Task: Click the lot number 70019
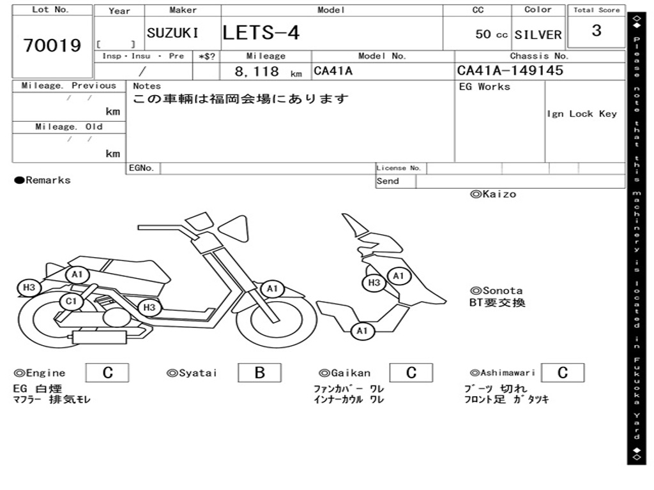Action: (52, 45)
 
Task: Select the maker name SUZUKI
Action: (172, 33)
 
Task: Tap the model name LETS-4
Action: (261, 33)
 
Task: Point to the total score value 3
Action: (597, 31)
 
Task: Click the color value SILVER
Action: (538, 35)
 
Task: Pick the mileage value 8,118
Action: (257, 71)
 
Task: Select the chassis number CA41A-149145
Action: (510, 70)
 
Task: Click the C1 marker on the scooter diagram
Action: (72, 301)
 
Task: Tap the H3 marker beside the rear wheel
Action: (29, 287)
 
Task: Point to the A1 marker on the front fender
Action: (272, 288)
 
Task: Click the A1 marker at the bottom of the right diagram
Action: (362, 331)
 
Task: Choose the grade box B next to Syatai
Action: (259, 373)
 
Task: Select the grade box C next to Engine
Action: (107, 373)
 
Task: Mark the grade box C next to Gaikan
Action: (411, 373)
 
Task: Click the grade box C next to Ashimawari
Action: (563, 373)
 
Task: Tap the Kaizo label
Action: (493, 194)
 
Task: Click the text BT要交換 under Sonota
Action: (497, 302)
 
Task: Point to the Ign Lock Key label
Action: (582, 114)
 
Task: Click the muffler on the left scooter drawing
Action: (99, 337)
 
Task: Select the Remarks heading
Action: (43, 180)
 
